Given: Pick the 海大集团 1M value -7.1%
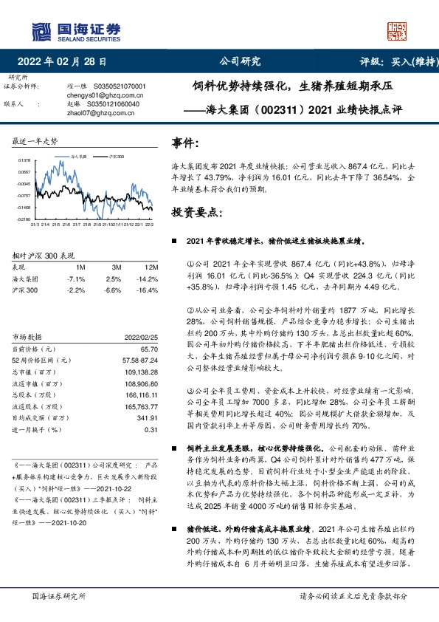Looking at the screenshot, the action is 76,278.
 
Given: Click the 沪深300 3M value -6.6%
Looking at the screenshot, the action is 113,290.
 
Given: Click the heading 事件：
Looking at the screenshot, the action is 184,143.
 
